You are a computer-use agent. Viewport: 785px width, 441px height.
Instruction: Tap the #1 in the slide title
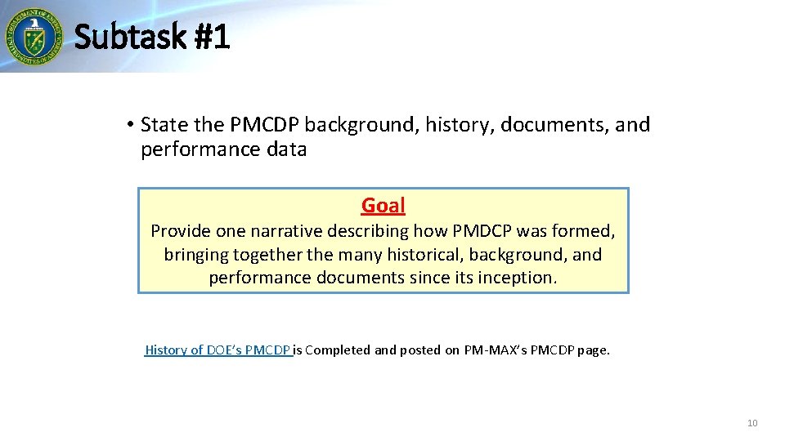[x=213, y=37]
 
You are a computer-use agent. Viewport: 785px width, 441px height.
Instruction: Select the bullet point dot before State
[x=130, y=125]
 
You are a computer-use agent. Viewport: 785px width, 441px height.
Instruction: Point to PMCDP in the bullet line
[x=265, y=125]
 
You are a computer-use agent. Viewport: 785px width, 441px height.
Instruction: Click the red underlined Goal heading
[x=383, y=206]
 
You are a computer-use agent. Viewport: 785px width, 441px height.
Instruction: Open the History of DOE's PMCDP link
[x=218, y=350]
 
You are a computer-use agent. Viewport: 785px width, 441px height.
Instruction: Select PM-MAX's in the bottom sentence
[x=496, y=350]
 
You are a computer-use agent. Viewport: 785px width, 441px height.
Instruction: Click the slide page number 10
[x=752, y=423]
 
